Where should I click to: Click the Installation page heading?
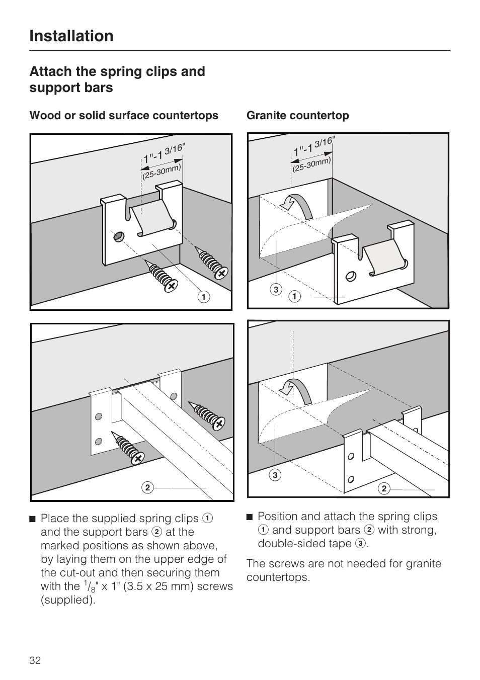pyautogui.click(x=71, y=36)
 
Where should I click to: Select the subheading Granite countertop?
pyautogui.click(x=297, y=116)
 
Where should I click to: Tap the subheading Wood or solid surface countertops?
pyautogui.click(x=124, y=116)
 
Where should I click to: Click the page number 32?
pyautogui.click(x=35, y=660)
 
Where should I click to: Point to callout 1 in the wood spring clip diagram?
pyautogui.click(x=203, y=297)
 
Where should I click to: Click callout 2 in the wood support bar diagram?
pyautogui.click(x=147, y=487)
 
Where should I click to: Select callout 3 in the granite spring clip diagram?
pyautogui.click(x=276, y=289)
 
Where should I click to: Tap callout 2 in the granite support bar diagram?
pyautogui.click(x=383, y=488)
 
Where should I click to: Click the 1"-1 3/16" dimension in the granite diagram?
pyautogui.click(x=313, y=146)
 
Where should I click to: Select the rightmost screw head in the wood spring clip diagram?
pyautogui.click(x=220, y=273)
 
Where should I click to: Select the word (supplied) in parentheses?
pyautogui.click(x=68, y=600)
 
